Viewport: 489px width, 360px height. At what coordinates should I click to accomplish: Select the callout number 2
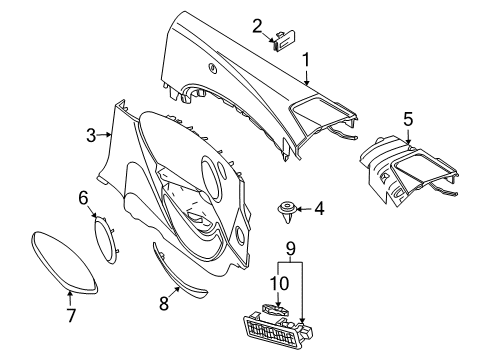pos(257,26)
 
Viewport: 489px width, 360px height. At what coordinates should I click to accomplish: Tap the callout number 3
pos(90,135)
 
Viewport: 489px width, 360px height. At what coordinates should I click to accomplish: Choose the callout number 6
pos(83,199)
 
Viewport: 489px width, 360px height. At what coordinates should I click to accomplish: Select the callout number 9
pos(290,247)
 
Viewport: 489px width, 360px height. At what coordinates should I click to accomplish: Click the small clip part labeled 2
pos(283,40)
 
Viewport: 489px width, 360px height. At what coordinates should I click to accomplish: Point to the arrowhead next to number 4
pos(302,210)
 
